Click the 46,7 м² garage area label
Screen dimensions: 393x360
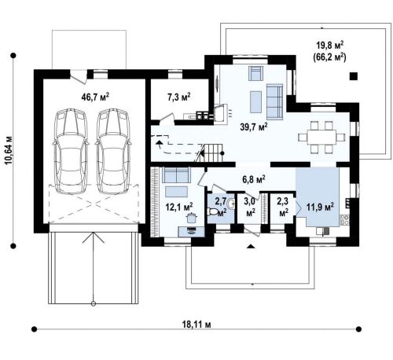pyautogui.click(x=95, y=97)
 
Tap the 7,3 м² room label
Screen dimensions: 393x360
pyautogui.click(x=179, y=97)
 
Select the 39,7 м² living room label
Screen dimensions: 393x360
pyautogui.click(x=254, y=127)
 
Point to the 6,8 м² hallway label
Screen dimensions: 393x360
pyautogui.click(x=254, y=180)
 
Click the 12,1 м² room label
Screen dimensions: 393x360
pyautogui.click(x=179, y=207)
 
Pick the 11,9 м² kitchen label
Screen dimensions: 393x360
pyautogui.click(x=320, y=207)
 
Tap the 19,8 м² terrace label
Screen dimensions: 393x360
pyautogui.click(x=330, y=45)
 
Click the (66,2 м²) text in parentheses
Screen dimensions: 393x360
pyautogui.click(x=330, y=57)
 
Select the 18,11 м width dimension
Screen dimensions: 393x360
pyautogui.click(x=196, y=325)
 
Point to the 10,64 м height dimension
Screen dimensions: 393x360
pyautogui.click(x=9, y=150)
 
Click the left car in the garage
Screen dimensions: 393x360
pyautogui.click(x=71, y=151)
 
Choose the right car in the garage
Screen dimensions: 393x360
pyautogui.click(x=113, y=151)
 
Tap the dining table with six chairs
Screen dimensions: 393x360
pyautogui.click(x=321, y=137)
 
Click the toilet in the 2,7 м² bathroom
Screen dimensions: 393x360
pyautogui.click(x=212, y=211)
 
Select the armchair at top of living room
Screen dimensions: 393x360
pyautogui.click(x=255, y=73)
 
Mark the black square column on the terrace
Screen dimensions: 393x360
pyautogui.click(x=354, y=76)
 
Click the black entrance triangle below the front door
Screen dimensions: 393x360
pyautogui.click(x=251, y=246)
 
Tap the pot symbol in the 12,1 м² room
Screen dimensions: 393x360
pyautogui.click(x=191, y=218)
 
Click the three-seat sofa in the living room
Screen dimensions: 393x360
pyautogui.click(x=274, y=101)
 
